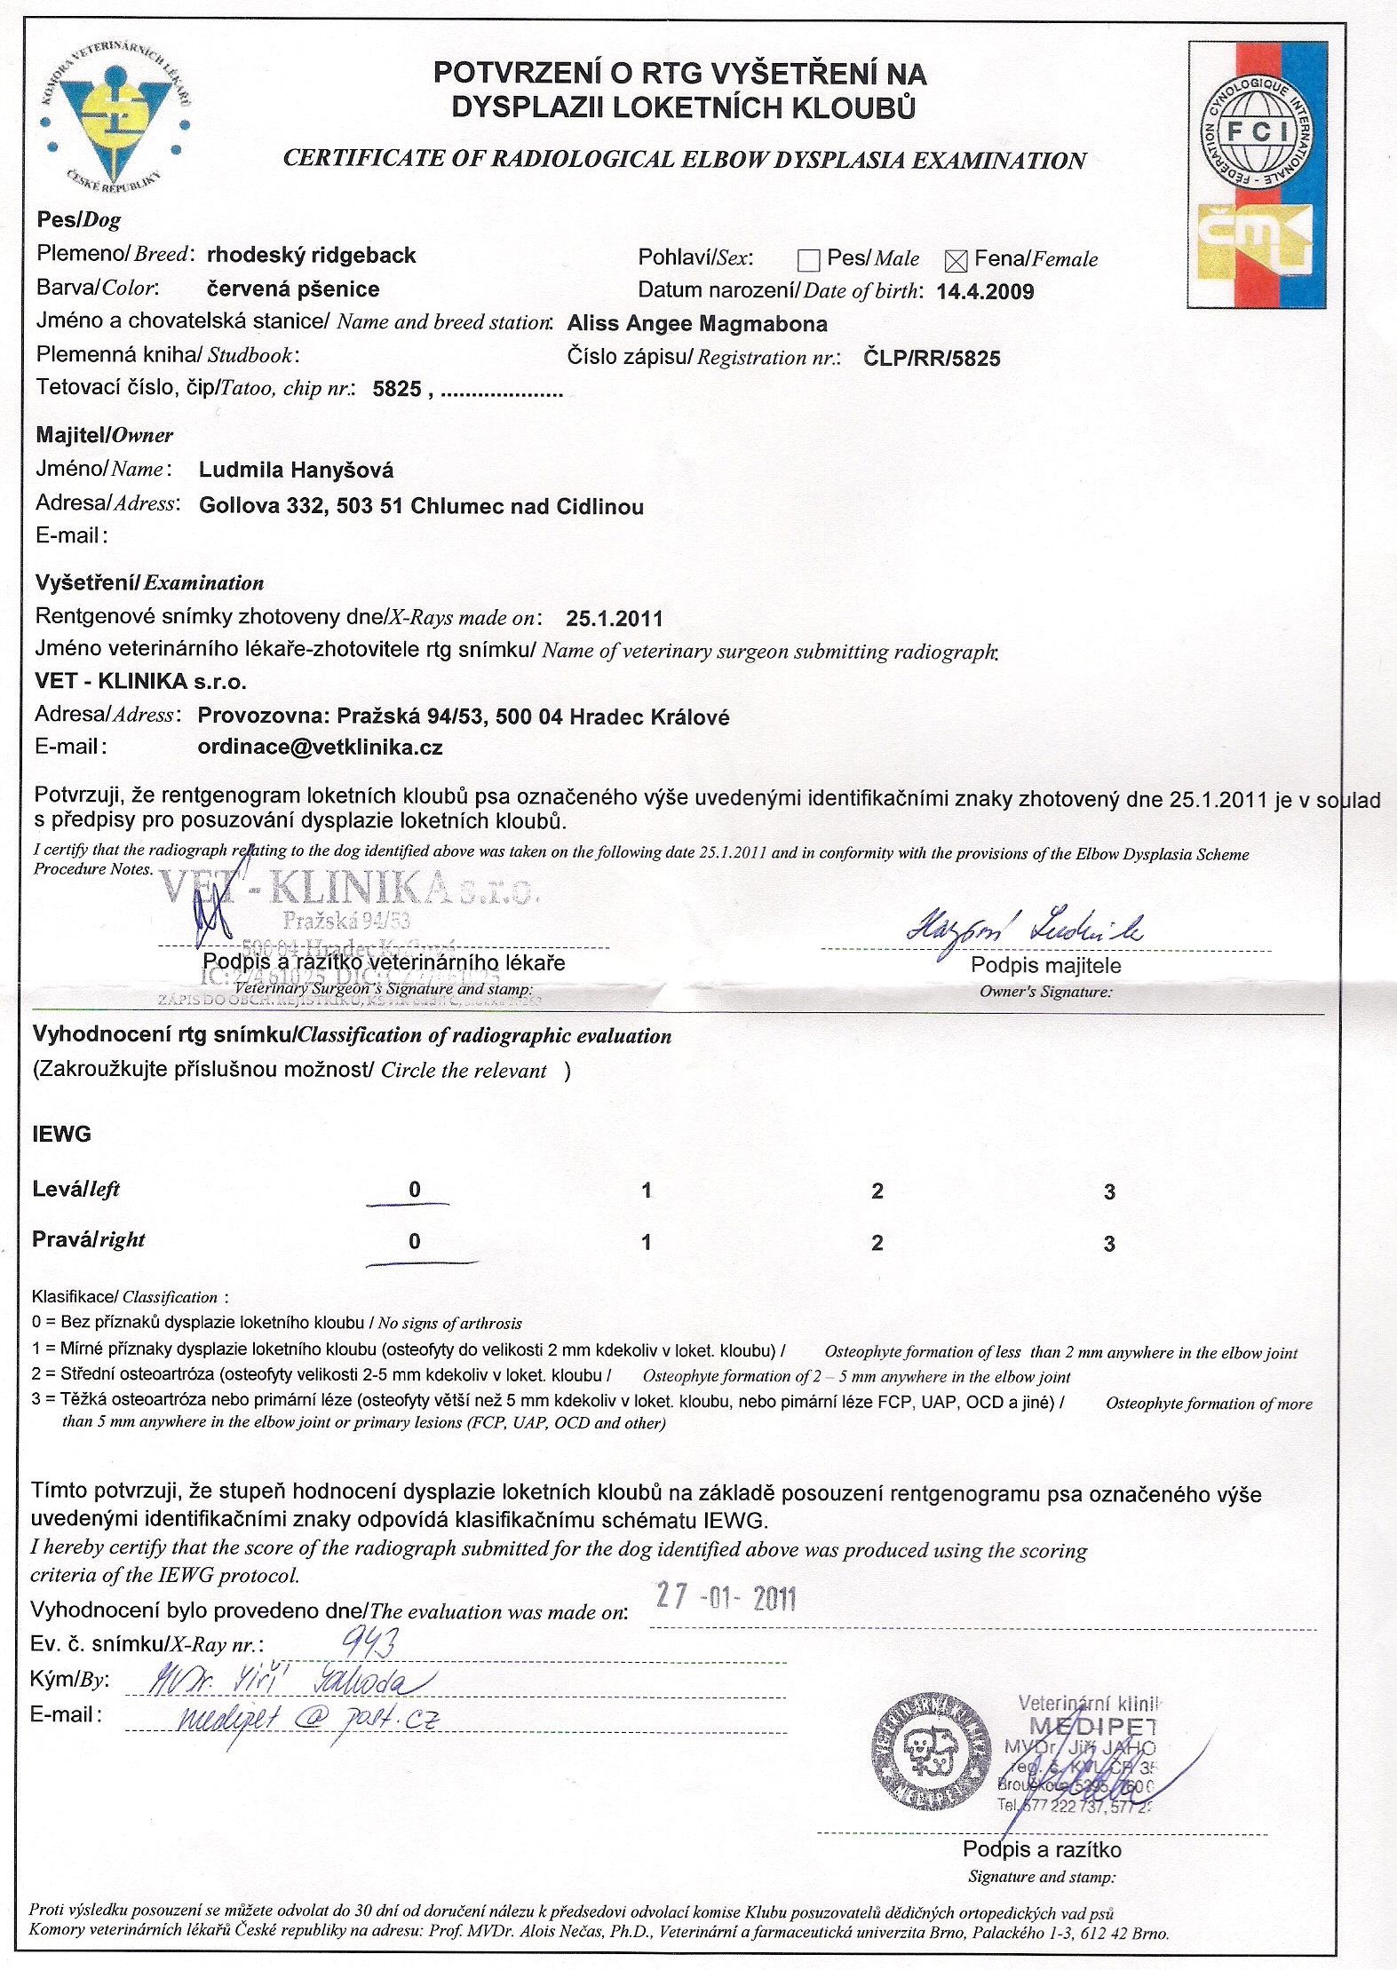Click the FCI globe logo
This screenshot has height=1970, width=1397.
(x=1257, y=132)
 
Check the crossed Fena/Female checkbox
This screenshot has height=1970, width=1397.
(x=956, y=260)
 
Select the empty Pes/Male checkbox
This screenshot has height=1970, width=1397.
(x=808, y=260)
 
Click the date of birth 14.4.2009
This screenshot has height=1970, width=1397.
(x=985, y=292)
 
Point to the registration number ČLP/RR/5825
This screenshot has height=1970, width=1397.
(x=932, y=359)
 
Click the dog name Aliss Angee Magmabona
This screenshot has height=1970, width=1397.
(x=697, y=324)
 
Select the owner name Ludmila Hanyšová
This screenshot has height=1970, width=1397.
(x=296, y=471)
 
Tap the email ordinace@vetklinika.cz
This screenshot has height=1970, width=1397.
(x=320, y=748)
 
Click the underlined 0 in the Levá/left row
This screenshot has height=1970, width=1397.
(x=414, y=1190)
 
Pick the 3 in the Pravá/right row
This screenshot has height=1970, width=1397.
(x=1109, y=1244)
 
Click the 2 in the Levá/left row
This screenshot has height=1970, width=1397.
(x=877, y=1191)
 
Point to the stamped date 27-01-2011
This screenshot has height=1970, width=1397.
(x=726, y=1598)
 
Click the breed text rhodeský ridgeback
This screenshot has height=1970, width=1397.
(x=311, y=256)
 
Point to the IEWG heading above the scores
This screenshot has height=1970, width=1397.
(x=61, y=1134)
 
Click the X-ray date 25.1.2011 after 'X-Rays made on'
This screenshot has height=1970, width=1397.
(x=614, y=619)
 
